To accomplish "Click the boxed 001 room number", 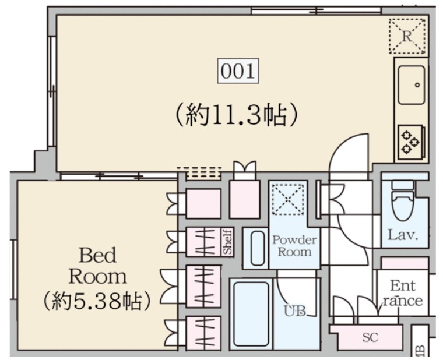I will (x=238, y=72).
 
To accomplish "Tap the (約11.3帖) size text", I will (x=238, y=114).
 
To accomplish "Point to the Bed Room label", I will (x=97, y=265).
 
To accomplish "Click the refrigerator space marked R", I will (x=409, y=36).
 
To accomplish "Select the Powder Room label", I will (x=294, y=246).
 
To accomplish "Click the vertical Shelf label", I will (x=228, y=241).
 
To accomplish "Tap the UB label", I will (x=296, y=310).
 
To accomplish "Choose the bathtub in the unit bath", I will (x=251, y=314).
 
